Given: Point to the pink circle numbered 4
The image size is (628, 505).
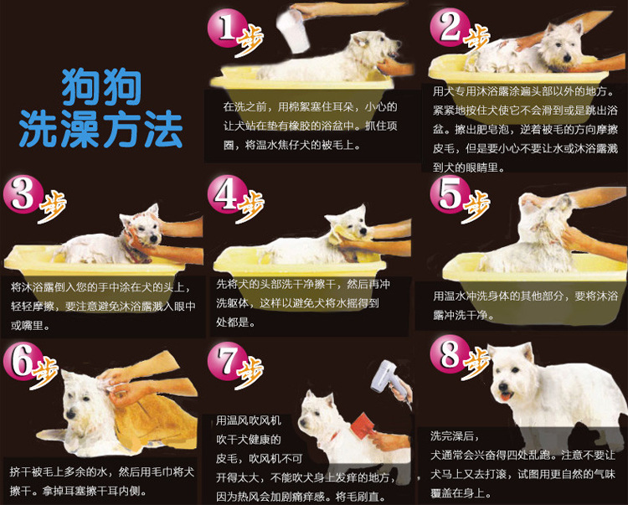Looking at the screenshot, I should [x=226, y=194].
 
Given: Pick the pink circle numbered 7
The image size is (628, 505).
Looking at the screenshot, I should [x=226, y=360].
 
